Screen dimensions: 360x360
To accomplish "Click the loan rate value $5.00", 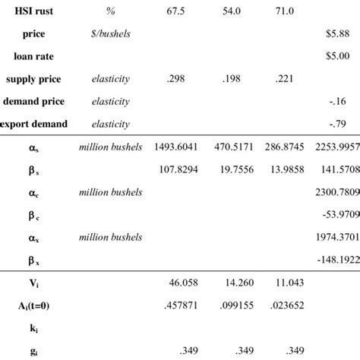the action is pyautogui.click(x=345, y=56).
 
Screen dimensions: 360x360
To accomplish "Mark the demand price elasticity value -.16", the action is pyautogui.click(x=348, y=99).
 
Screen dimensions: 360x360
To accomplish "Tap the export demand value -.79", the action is pyautogui.click(x=348, y=122).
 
